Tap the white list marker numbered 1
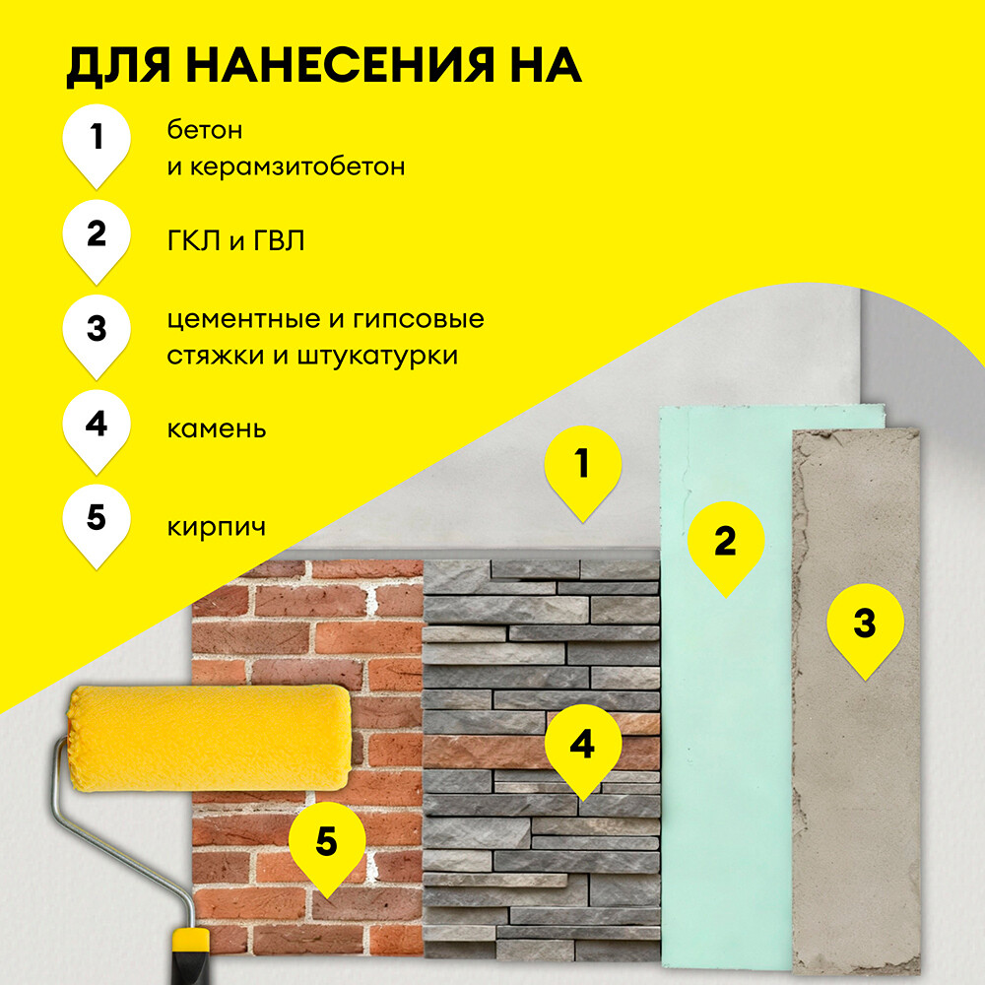tap(96, 141)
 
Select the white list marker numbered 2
tap(96, 236)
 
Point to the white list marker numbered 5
tap(96, 519)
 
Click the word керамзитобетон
tap(299, 166)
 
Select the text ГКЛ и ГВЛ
tap(235, 239)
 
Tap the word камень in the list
tap(217, 429)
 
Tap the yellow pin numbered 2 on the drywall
tap(725, 543)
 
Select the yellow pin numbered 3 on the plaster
tap(864, 625)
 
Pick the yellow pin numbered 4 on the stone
tap(582, 747)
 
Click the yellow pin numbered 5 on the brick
tap(326, 843)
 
